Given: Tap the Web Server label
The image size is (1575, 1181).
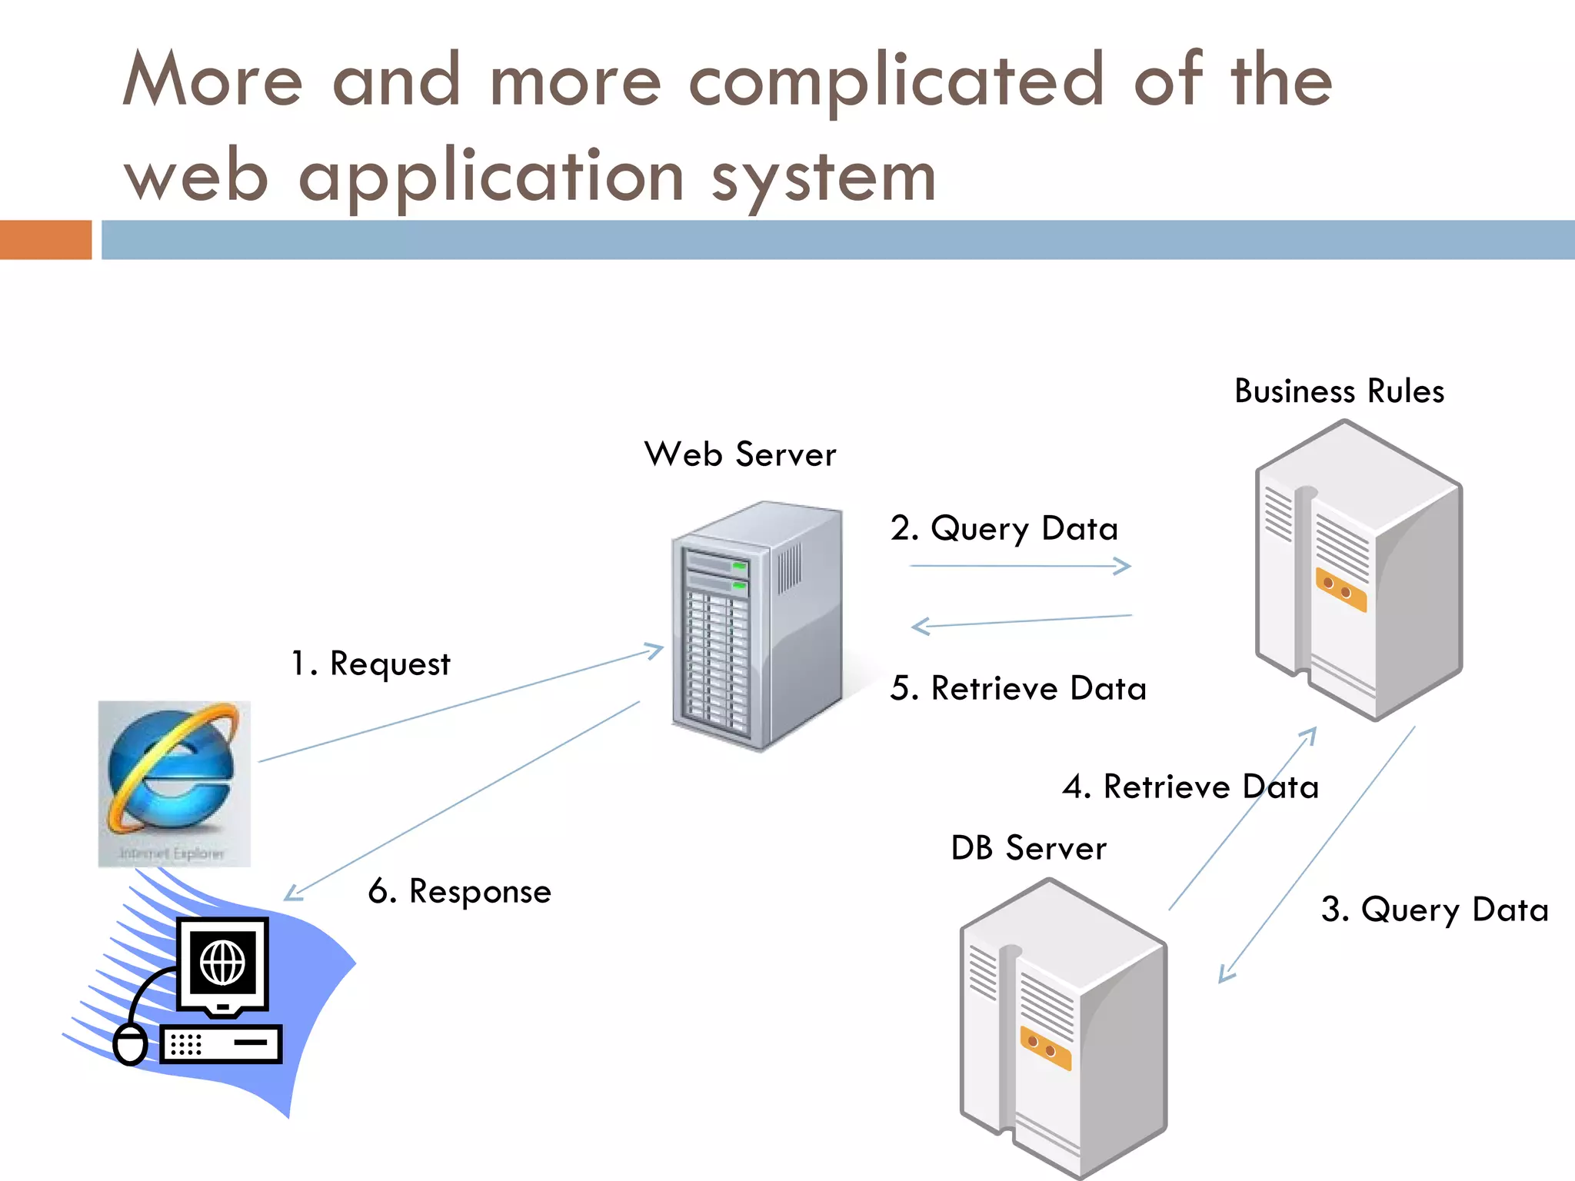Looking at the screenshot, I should coord(740,454).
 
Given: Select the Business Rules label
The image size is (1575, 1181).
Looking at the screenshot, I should coord(1339,391).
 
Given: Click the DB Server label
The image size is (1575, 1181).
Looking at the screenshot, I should coord(1028,848).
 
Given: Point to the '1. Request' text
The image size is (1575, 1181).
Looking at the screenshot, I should coord(371,664).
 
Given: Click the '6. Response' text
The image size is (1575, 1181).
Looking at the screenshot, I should coord(460,891).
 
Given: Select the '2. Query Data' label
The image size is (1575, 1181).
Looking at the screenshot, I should coord(1004,529).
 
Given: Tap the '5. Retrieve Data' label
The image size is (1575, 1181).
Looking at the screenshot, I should coord(1017,688).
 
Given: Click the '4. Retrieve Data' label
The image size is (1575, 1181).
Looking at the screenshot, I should coord(1190,787).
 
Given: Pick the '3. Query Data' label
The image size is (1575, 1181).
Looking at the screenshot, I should coord(1434,910).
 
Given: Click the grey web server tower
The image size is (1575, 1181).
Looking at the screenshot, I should coord(758,627).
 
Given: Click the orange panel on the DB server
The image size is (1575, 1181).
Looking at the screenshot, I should coord(1045,1048).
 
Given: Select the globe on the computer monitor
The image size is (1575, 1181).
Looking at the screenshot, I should coord(223,963).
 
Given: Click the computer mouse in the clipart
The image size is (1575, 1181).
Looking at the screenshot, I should coord(130,1044).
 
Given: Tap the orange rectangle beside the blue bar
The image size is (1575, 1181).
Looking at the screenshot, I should coord(45,240).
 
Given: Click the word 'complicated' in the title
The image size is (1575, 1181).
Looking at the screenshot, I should coord(897,82).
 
